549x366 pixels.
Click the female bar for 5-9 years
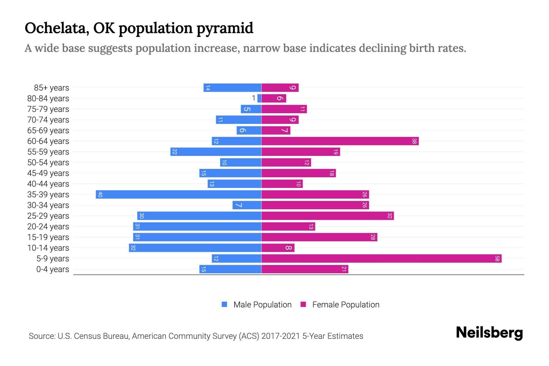pos(381,259)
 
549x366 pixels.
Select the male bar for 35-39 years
pos(178,195)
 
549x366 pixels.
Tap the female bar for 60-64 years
pos(340,141)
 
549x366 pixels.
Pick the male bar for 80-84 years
pos(260,99)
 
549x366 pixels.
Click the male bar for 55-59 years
pos(216,152)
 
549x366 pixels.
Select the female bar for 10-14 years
pos(278,248)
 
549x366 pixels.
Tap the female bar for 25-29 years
pos(328,216)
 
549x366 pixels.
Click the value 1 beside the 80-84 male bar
pos(253,98)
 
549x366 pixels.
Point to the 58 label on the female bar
pos(497,259)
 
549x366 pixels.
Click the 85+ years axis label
pos(52,88)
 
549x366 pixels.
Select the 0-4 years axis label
pos(52,269)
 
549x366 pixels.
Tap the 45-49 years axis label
pos(48,173)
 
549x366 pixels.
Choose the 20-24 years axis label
pos(48,227)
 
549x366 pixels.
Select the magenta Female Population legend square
pos(303,304)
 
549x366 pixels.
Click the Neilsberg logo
pos(489,333)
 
